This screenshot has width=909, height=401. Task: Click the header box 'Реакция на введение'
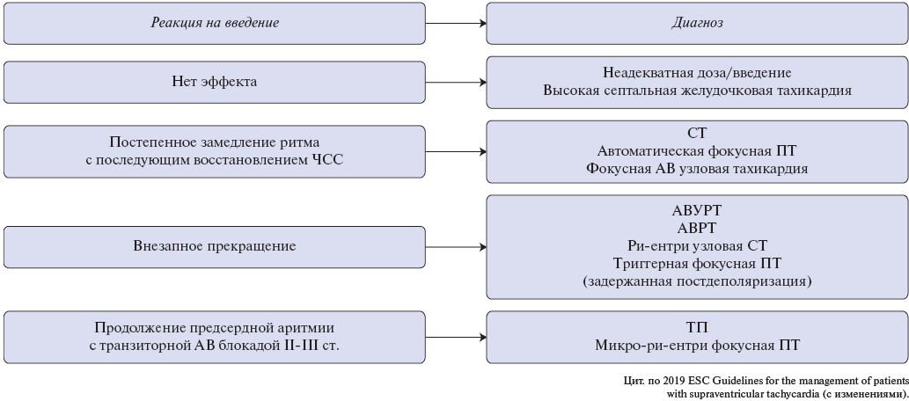[x=215, y=23]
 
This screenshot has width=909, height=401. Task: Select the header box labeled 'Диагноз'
[x=698, y=23]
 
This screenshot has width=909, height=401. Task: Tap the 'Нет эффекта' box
[x=215, y=83]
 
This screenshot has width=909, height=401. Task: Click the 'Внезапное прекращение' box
[x=215, y=247]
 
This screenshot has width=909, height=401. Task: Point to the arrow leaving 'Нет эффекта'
[x=456, y=83]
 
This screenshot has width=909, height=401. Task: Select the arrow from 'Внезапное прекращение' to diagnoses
[x=456, y=247]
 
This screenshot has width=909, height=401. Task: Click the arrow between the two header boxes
[x=456, y=23]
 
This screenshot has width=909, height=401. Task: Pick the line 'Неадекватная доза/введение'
[x=697, y=73]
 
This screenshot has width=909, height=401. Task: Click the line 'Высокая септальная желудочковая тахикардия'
[x=697, y=91]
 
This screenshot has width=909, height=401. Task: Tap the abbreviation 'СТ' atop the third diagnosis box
[x=697, y=134]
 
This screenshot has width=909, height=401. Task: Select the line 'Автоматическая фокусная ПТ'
[x=697, y=151]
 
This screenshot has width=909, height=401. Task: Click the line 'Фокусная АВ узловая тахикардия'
[x=697, y=169]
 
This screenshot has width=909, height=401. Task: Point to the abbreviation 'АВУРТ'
[x=697, y=210]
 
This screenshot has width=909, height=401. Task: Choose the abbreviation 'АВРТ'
[x=697, y=228]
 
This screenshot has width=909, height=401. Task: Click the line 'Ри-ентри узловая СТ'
[x=697, y=245]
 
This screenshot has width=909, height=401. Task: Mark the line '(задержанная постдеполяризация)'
[x=697, y=281]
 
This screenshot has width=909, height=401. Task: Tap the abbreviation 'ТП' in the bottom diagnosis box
[x=697, y=327]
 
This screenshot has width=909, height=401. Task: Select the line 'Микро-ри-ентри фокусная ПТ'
[x=697, y=346]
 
